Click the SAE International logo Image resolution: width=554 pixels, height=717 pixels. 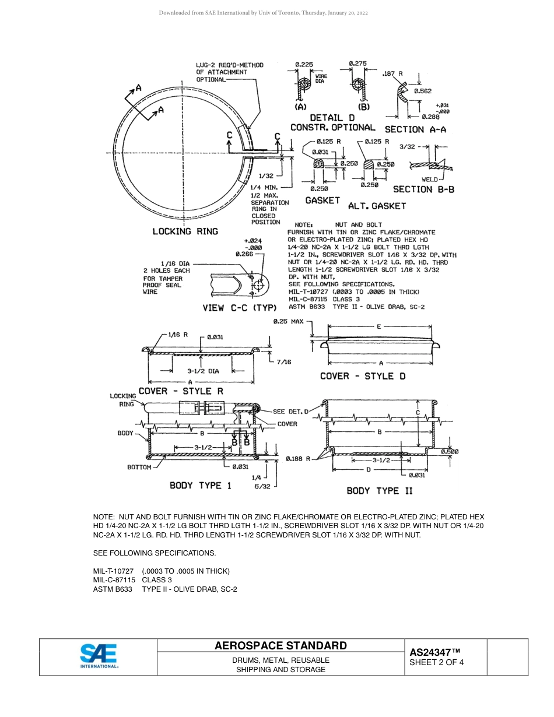click(99, 656)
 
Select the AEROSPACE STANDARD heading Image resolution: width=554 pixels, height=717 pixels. click(280, 645)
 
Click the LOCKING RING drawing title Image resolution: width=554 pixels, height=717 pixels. click(185, 231)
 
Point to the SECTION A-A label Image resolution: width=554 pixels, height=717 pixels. click(415, 129)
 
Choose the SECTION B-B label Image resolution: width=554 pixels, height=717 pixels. click(423, 189)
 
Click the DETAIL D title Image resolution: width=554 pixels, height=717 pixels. click(332, 118)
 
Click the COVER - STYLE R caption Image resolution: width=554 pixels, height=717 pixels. click(180, 391)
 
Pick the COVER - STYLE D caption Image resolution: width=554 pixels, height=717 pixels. click(362, 376)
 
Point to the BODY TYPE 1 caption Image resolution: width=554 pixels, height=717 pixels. click(200, 485)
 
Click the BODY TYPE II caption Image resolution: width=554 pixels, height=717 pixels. click(380, 491)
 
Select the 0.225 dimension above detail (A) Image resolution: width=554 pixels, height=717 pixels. click(304, 64)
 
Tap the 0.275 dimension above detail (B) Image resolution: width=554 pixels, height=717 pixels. click(357, 63)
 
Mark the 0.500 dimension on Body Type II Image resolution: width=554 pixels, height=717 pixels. click(449, 451)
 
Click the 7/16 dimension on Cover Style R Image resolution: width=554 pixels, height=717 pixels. click(283, 362)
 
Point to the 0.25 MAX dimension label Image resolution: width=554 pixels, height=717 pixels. click(289, 321)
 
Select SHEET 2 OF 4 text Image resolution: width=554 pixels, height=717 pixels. click(437, 662)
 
